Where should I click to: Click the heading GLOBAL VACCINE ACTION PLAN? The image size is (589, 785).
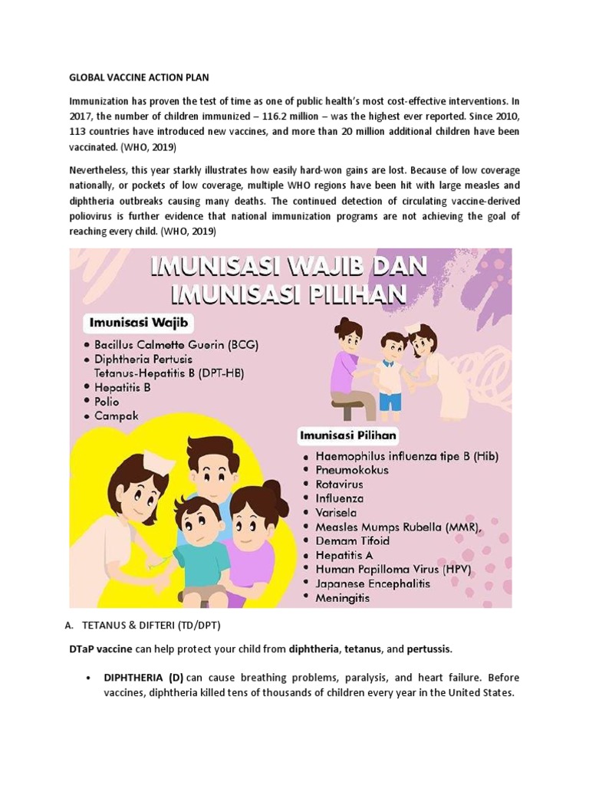pos(139,77)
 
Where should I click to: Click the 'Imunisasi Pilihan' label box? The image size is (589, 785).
pos(348,436)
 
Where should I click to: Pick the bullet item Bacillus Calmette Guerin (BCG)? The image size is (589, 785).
pos(176,345)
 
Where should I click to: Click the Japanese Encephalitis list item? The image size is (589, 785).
pos(373,583)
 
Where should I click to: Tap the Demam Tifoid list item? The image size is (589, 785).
pos(353,540)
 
